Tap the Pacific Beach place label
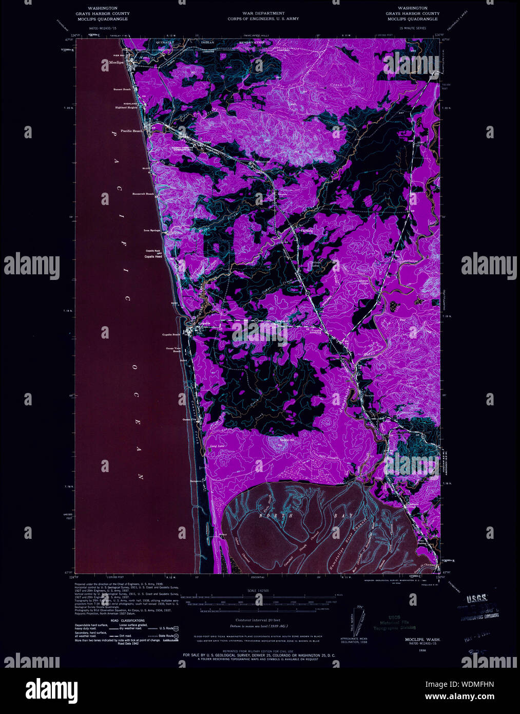(132, 131)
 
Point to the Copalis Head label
(153, 256)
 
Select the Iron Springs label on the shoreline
(151, 231)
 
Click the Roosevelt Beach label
(143, 194)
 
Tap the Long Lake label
(217, 446)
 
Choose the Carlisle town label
(306, 231)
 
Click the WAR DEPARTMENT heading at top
(263, 13)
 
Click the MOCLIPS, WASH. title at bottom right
(414, 640)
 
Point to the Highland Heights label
(126, 107)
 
